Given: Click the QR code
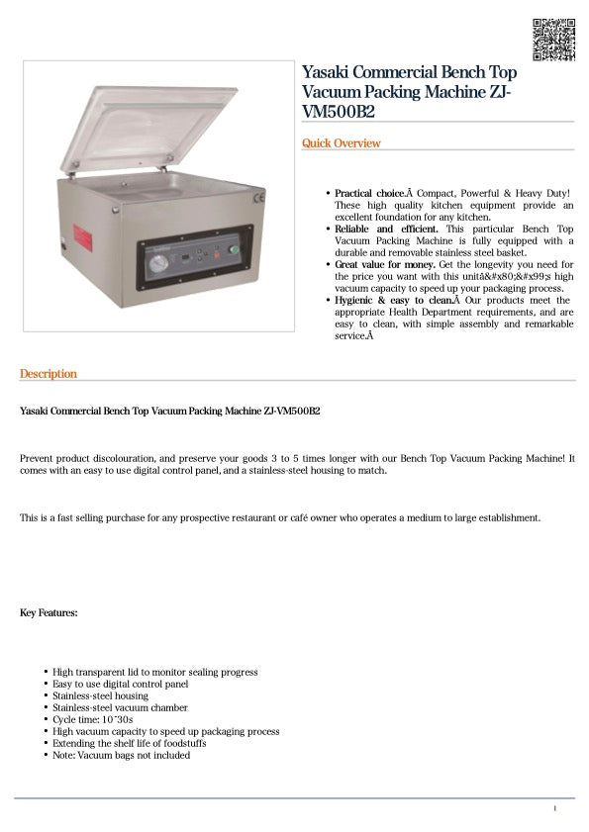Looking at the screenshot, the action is pos(553,39).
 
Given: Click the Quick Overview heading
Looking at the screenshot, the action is pos(341,143).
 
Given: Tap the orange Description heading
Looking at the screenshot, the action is pos(48,374).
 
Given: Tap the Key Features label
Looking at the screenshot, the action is pos(49,613).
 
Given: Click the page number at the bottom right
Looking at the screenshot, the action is pos(554,809).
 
